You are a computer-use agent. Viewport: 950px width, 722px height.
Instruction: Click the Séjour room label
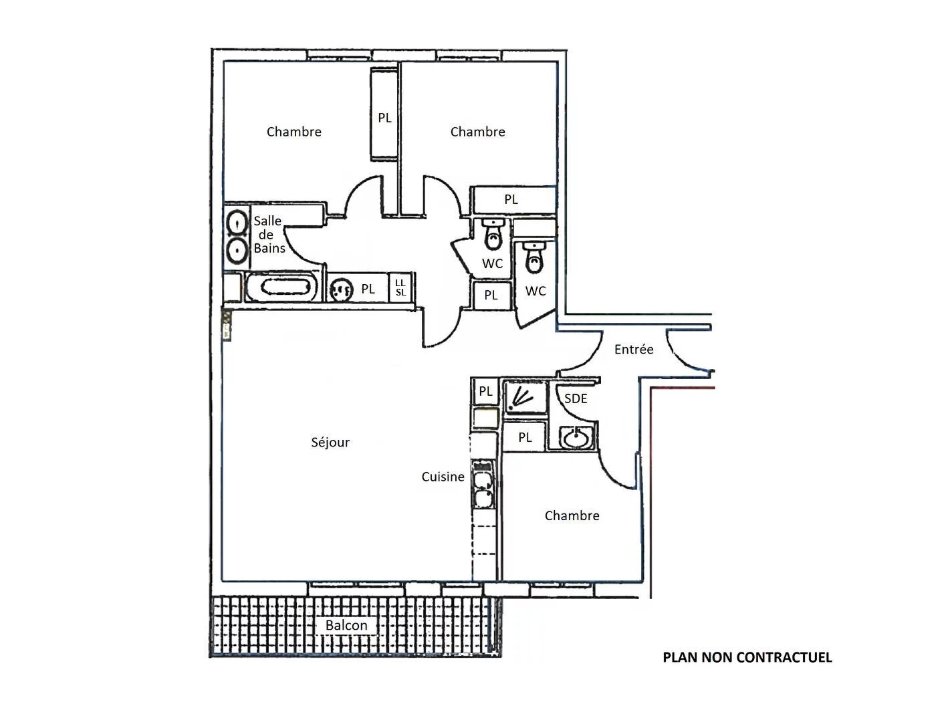(330, 443)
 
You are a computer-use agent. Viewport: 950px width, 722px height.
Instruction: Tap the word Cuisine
(443, 477)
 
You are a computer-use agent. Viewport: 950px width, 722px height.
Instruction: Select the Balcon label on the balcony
(346, 625)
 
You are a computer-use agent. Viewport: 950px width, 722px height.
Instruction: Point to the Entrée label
(634, 349)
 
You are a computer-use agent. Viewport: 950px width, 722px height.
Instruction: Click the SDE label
(576, 398)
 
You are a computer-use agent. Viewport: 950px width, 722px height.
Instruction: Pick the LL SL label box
(400, 287)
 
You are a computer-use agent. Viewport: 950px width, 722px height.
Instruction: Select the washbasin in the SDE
(575, 438)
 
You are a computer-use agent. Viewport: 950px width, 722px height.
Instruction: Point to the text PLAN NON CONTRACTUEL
(747, 658)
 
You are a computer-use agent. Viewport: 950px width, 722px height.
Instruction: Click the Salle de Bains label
(269, 235)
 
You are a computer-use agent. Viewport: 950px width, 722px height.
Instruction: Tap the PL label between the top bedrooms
(384, 118)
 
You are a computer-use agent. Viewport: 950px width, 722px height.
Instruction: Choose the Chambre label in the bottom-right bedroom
(572, 515)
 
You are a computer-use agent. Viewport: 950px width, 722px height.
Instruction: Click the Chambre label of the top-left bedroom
(294, 132)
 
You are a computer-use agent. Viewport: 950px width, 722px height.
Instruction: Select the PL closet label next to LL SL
(368, 289)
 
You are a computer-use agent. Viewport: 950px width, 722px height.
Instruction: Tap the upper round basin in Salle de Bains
(237, 223)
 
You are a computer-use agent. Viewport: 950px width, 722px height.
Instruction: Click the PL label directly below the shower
(525, 437)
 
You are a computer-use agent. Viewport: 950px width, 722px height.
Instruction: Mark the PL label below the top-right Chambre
(511, 199)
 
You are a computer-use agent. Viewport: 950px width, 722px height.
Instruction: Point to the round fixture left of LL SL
(341, 289)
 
